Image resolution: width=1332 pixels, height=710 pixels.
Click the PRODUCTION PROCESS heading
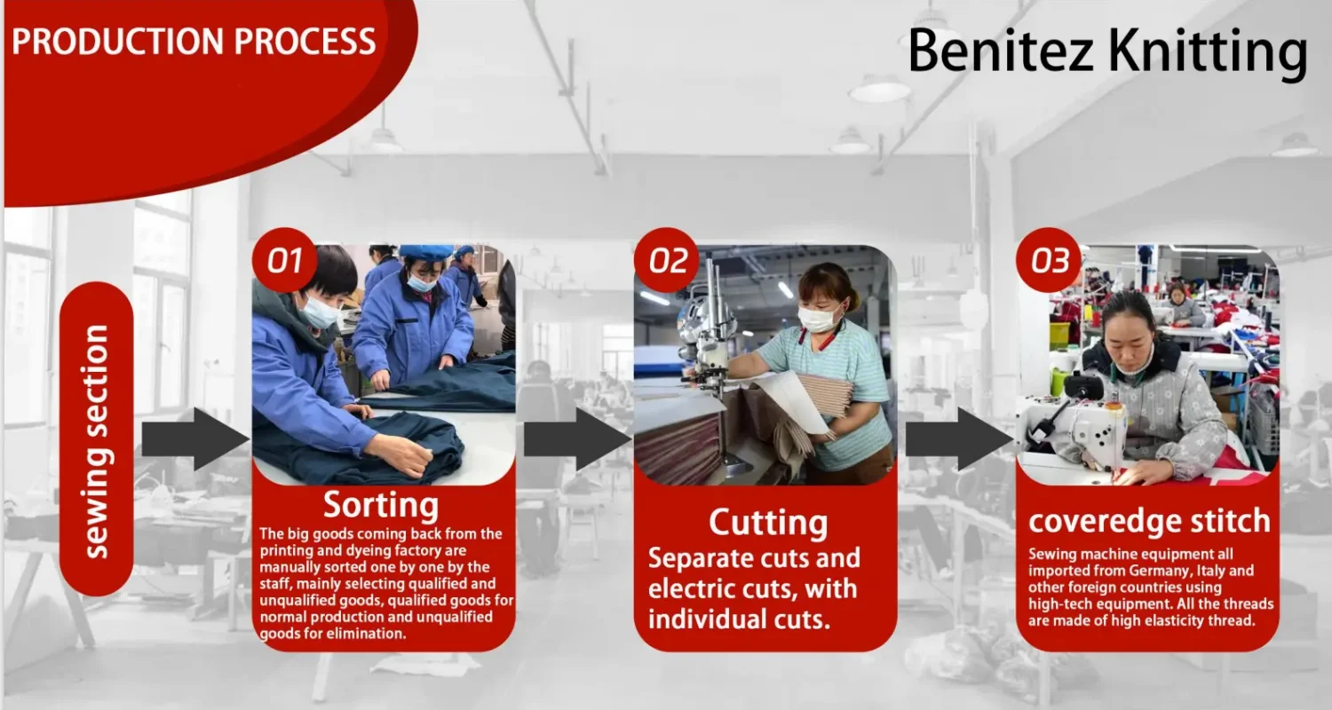194,42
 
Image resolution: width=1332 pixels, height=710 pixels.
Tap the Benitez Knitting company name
1107,52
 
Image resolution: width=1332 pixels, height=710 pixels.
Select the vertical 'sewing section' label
96,441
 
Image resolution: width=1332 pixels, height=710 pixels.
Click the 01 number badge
284,260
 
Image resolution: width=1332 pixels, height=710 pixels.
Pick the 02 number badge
667,260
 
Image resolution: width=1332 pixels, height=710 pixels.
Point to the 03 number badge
1049,260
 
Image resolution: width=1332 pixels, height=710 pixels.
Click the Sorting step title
381,506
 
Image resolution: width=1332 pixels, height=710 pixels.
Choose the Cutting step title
768,523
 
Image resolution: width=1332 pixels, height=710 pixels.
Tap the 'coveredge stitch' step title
1149,520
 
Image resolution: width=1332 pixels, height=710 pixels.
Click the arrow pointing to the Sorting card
196,439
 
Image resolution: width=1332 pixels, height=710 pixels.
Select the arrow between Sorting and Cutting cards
578,439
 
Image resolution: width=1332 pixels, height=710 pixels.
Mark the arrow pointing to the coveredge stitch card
960,439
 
